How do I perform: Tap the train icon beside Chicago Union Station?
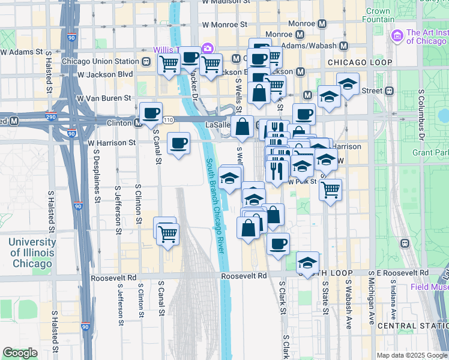pyautogui.click(x=146, y=61)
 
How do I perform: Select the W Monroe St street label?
pyautogui.click(x=225, y=25)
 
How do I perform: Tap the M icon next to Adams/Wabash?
pyautogui.click(x=344, y=45)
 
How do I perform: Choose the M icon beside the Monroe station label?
pyautogui.click(x=322, y=24)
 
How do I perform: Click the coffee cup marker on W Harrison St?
pyautogui.click(x=178, y=144)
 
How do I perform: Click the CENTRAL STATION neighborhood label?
pyautogui.click(x=414, y=325)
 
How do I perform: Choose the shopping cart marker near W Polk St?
pyautogui.click(x=330, y=190)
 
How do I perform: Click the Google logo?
pyautogui.click(x=20, y=353)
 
